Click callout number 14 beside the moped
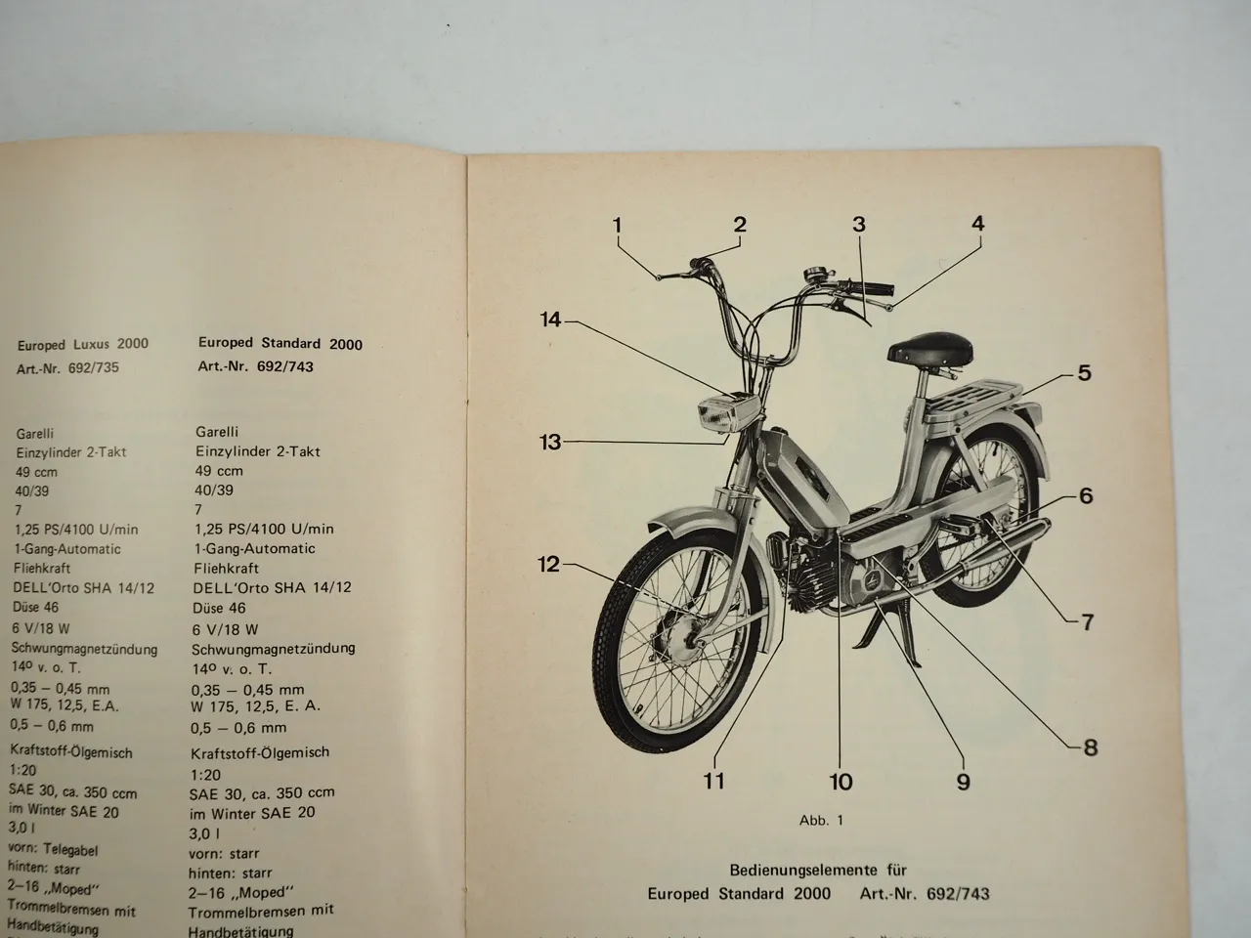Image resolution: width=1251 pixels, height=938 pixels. [x=551, y=320]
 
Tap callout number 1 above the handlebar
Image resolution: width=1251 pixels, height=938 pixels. [x=618, y=226]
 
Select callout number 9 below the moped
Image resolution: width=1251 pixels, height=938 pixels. [x=963, y=781]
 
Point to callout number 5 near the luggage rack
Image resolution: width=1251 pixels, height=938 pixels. [x=1084, y=372]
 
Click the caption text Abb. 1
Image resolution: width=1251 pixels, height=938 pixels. [x=820, y=821]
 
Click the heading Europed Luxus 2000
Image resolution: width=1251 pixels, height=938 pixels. [x=83, y=344]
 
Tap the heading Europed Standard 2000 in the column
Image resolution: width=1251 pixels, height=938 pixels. [x=280, y=344]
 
